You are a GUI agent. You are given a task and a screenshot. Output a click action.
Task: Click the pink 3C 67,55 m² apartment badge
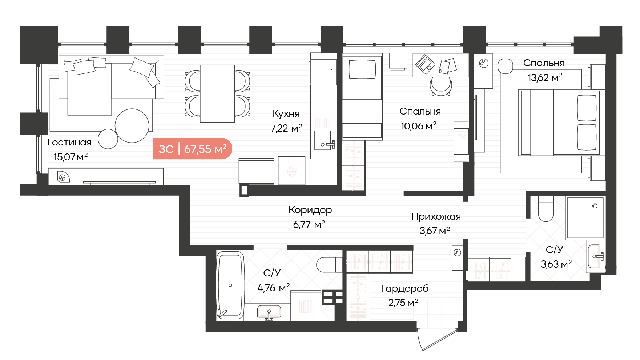tap(192, 149)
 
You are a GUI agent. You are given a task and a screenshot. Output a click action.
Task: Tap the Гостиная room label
tap(69, 142)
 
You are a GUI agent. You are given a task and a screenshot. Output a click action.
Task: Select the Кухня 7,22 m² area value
tap(286, 128)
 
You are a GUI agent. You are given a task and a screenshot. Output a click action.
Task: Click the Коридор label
tap(310, 210)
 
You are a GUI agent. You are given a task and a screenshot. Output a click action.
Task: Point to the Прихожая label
tap(436, 217)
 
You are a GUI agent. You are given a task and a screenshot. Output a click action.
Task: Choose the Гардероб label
tap(404, 288)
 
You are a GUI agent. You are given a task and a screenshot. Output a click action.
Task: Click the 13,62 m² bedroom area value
tap(545, 77)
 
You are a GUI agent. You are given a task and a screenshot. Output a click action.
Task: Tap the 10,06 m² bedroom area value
tap(419, 126)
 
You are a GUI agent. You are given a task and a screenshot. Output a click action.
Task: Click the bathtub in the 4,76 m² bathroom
tap(230, 285)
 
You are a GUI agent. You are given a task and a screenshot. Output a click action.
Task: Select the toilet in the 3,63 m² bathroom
tap(546, 209)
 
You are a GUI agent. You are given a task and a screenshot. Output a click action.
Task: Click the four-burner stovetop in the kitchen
tap(323, 72)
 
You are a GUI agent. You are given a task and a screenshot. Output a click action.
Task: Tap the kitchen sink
tap(323, 140)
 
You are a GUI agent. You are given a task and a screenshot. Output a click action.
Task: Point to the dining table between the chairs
tap(217, 94)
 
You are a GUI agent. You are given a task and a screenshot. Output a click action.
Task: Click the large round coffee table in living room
tap(132, 126)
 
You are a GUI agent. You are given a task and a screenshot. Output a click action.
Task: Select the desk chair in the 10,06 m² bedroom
tap(441, 87)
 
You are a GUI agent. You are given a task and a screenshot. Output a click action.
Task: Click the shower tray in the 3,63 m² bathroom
tap(585, 218)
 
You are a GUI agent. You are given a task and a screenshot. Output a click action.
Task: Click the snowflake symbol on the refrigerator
tap(291, 171)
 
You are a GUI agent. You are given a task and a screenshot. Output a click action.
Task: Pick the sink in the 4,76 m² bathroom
tap(269, 312)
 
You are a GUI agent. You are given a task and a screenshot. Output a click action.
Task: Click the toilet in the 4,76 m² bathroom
tap(329, 265)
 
